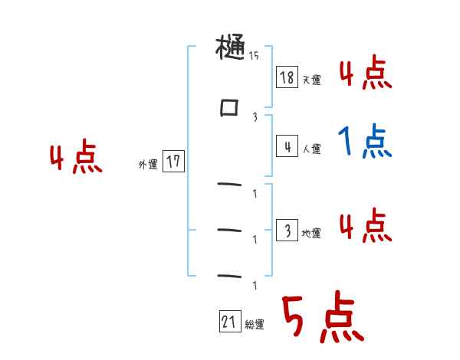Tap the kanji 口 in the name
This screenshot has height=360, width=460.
point(229,109)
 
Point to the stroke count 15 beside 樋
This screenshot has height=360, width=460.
point(253,56)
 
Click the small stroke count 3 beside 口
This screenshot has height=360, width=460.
point(255,117)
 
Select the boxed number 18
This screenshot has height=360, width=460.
point(287,77)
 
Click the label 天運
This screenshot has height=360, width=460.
point(311,80)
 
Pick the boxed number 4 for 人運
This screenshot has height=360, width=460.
point(287,146)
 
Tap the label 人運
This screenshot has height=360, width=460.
point(311,149)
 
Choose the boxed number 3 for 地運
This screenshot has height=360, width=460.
point(287,230)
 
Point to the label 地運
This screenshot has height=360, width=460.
point(311,233)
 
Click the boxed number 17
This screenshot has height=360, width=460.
point(173,162)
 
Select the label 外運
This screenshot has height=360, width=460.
point(148,164)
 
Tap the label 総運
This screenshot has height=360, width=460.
point(255,325)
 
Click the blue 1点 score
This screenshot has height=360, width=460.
point(364,141)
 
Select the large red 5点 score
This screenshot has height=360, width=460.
point(322,319)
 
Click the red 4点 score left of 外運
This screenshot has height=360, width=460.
point(75,159)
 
